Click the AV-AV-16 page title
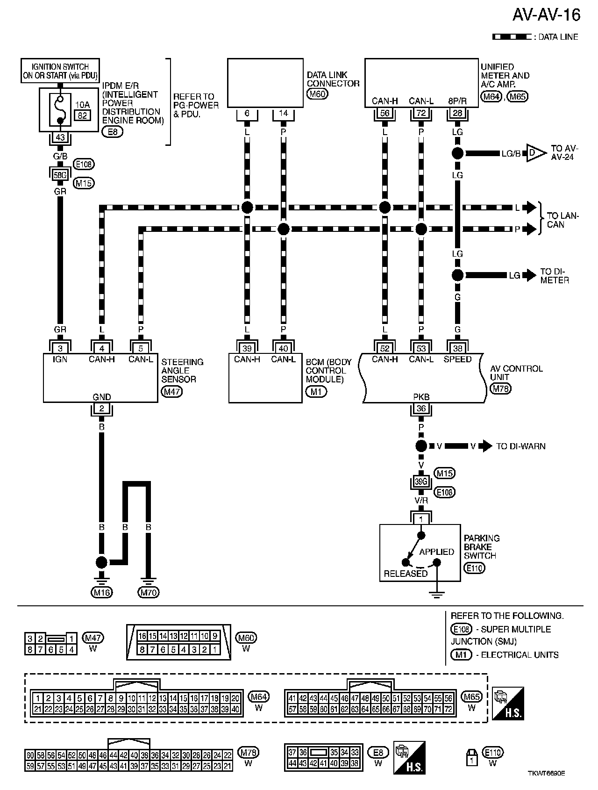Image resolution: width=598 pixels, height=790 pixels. [546, 15]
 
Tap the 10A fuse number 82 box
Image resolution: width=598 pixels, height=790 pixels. [82, 115]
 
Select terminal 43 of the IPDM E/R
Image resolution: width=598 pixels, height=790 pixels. [60, 138]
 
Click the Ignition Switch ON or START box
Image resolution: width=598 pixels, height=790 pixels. [60, 71]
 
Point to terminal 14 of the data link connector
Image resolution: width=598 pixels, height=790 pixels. [283, 113]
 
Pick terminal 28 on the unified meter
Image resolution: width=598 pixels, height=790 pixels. [457, 113]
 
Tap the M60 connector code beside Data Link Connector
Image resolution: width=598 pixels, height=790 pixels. [317, 94]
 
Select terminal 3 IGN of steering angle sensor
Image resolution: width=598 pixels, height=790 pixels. [60, 348]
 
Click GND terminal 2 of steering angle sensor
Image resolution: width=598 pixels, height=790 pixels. [101, 409]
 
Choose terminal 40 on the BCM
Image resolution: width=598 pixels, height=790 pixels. [283, 348]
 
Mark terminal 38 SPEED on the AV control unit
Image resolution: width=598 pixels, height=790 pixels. [457, 348]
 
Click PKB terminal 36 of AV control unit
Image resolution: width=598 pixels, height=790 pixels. [421, 409]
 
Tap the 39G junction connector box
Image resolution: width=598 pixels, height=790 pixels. [421, 481]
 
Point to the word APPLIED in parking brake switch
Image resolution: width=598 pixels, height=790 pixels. [436, 552]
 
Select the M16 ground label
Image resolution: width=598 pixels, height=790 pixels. [101, 592]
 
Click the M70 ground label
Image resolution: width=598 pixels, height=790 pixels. [148, 592]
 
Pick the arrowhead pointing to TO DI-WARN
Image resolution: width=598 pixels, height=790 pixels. [487, 446]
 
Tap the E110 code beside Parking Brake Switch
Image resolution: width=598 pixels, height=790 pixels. [474, 568]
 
